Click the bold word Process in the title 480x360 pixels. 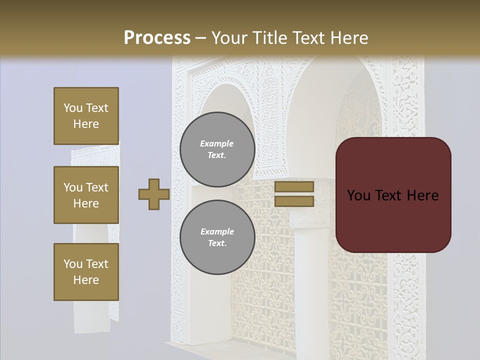(x=157, y=37)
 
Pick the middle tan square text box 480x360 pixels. (x=86, y=195)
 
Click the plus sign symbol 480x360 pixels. (x=154, y=194)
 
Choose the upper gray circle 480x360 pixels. (x=217, y=149)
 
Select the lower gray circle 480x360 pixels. (x=217, y=237)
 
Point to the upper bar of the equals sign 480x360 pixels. (x=294, y=186)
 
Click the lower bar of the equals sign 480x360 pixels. (x=294, y=201)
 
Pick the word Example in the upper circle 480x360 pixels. (x=217, y=143)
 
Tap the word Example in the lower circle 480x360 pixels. (x=217, y=231)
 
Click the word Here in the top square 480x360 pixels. (x=86, y=124)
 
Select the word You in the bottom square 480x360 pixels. (x=73, y=263)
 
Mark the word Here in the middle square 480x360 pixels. (x=86, y=203)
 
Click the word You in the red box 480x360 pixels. (x=358, y=195)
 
